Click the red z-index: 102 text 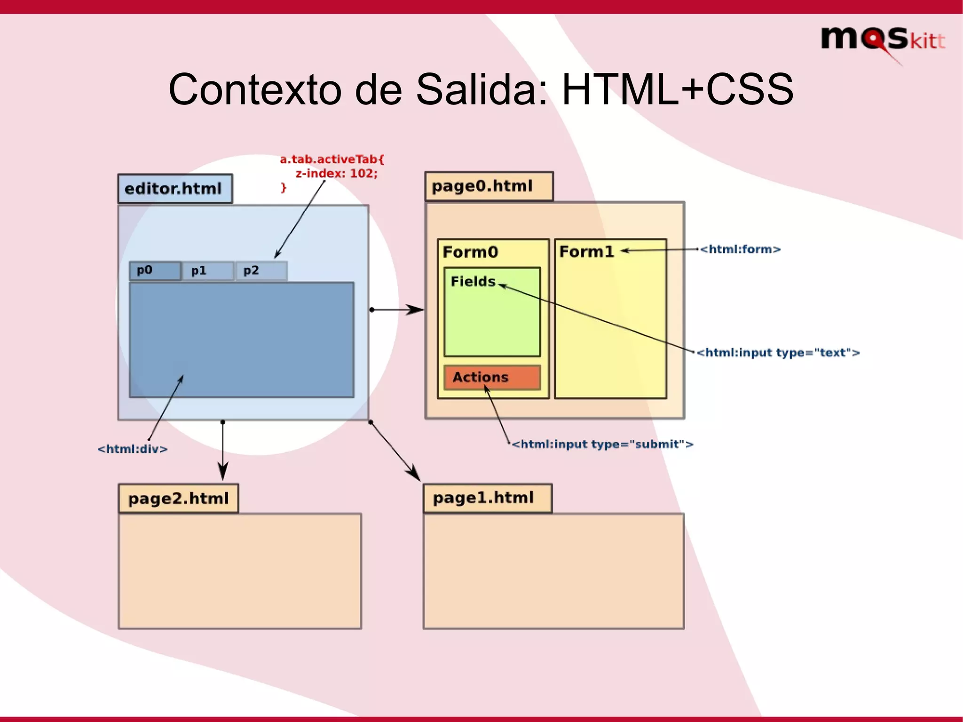point(336,173)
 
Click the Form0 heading point(470,252)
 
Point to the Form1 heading point(586,252)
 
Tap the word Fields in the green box point(473,281)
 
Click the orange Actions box point(492,377)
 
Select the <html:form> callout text point(740,249)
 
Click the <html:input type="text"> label point(778,353)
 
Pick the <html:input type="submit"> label point(602,444)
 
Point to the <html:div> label point(132,449)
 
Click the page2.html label point(178,498)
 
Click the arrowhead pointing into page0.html point(416,309)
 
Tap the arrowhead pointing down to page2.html point(223,472)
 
